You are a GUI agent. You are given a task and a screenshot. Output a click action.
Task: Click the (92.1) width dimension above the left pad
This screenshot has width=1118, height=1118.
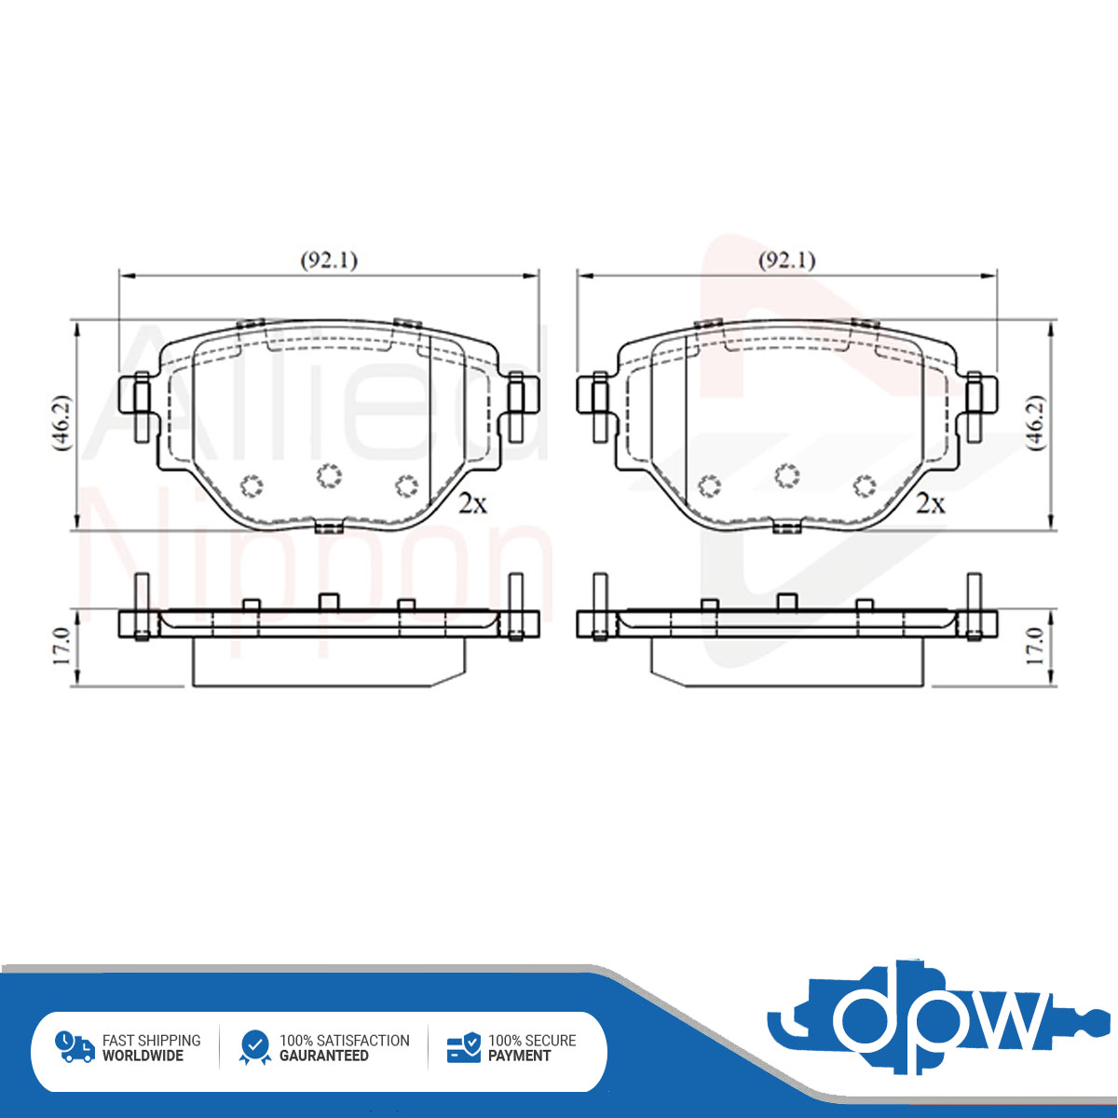coord(329,261)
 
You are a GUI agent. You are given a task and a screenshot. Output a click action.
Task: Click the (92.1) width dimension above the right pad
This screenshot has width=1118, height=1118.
coord(786,261)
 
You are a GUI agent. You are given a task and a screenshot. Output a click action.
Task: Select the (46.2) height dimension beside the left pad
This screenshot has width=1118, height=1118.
coord(61,423)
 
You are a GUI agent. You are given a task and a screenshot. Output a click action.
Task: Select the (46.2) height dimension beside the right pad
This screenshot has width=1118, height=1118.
coord(1036,423)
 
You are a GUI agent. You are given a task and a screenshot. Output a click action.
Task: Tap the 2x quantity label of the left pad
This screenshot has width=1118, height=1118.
coord(473,504)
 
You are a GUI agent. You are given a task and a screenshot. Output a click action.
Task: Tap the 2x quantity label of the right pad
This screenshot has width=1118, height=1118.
coord(931,504)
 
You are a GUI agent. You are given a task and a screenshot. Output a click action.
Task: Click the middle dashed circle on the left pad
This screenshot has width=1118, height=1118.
coord(329,476)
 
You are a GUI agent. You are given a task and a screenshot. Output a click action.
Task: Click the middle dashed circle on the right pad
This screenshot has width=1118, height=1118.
coord(786,476)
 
